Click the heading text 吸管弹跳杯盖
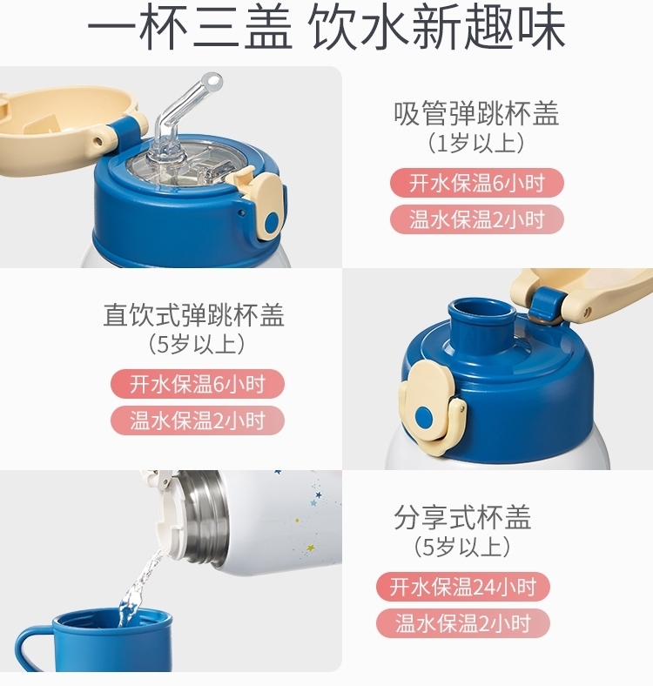pos(475,114)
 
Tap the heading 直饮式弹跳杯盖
pos(194,314)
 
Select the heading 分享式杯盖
pos(462,518)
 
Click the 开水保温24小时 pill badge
pos(462,587)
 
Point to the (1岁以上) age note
pos(475,143)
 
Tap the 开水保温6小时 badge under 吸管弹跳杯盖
pos(475,183)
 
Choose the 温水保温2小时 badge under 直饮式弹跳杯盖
pos(198,420)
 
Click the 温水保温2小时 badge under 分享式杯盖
pos(462,623)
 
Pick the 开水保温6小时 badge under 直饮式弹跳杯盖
pos(198,384)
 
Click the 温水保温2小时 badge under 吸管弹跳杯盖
pos(475,219)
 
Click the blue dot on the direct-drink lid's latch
pos(424,416)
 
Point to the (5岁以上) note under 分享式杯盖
pos(462,547)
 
